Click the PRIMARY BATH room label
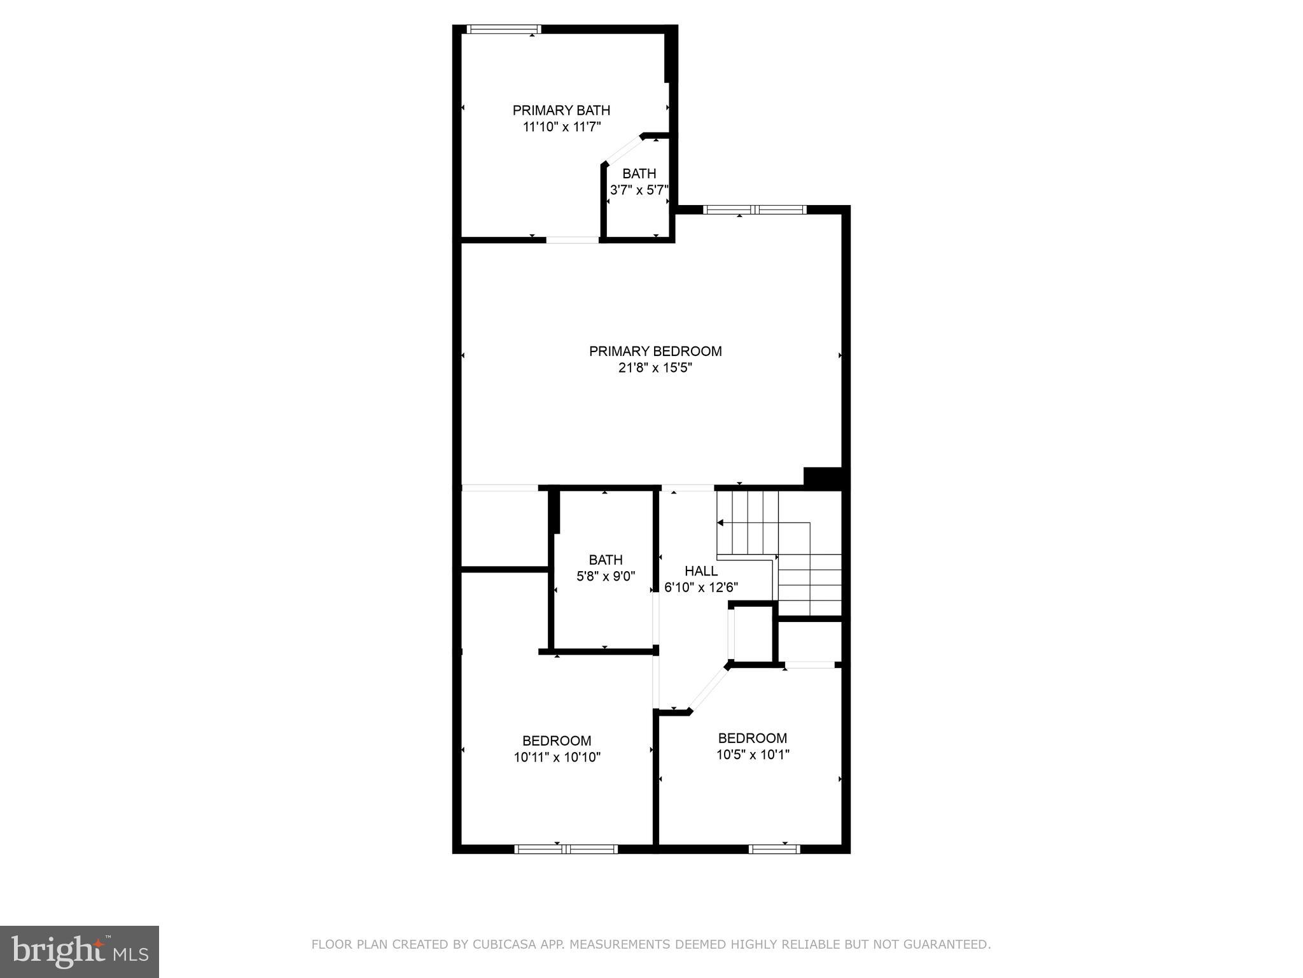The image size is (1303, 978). pos(561,111)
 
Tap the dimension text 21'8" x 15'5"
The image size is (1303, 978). pos(655,367)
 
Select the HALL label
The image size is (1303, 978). pos(701,571)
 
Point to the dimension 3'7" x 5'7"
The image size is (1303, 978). pos(639,190)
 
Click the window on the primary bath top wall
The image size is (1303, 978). pos(503,29)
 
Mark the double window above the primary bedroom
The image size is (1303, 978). pos(755,209)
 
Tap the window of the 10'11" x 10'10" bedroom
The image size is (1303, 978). pos(566,849)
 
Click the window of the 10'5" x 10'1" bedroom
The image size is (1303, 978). pos(774,849)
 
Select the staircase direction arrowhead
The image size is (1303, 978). pos(721,523)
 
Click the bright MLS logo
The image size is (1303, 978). pos(80,951)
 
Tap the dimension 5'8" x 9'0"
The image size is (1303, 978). pos(606,576)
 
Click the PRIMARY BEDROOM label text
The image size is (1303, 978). pos(655,351)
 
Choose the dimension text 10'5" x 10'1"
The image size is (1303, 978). pos(753,755)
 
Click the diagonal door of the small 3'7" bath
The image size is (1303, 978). pos(622,150)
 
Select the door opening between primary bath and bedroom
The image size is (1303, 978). pos(572,240)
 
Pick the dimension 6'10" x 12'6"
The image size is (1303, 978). pos(701,587)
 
